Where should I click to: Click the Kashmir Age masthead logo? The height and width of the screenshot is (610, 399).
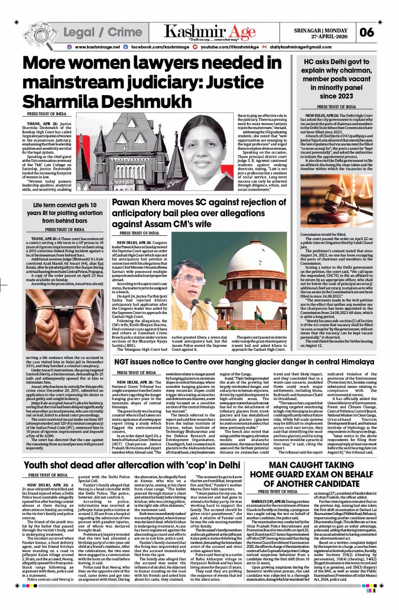click(210, 32)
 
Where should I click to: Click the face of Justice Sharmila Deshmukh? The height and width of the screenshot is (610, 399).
click(205, 139)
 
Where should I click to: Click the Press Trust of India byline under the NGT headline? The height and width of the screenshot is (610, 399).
click(137, 373)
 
